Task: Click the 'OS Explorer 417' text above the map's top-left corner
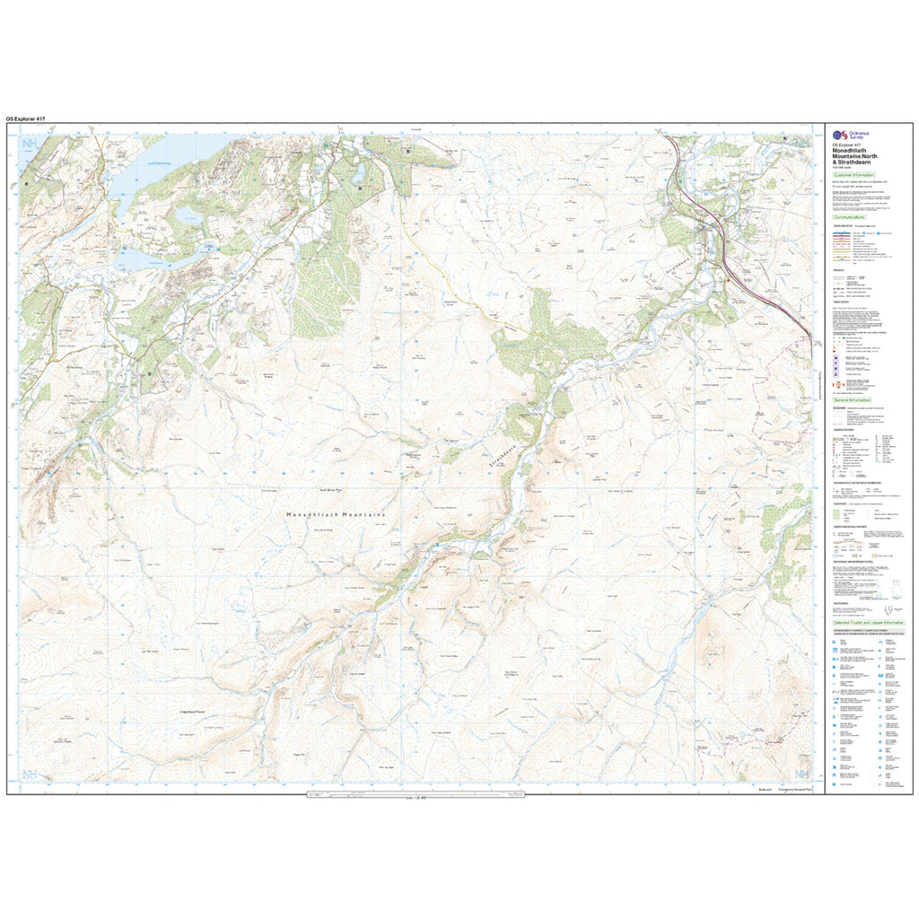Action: coord(26,118)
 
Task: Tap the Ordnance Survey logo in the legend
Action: coord(845,135)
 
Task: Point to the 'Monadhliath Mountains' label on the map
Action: coord(335,514)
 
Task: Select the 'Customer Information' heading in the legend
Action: coord(853,175)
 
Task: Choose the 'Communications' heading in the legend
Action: coord(849,217)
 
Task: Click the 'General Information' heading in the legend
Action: coord(852,398)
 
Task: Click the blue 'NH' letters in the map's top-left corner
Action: coord(30,144)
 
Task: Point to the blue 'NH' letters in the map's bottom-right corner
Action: coord(801,774)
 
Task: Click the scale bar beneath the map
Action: coord(414,793)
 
